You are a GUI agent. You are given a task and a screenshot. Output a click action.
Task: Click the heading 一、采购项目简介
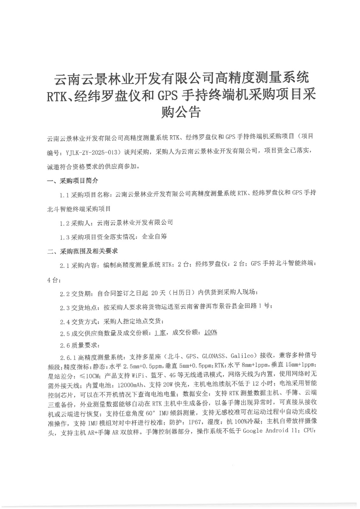(73, 181)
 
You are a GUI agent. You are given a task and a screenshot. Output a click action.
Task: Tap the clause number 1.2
(64, 223)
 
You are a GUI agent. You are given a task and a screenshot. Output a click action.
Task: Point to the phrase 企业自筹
(154, 237)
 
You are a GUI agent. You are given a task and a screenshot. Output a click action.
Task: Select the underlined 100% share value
(210, 332)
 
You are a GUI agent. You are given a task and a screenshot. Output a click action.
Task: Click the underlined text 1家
(160, 333)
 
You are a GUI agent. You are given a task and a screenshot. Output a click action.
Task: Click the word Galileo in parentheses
(242, 355)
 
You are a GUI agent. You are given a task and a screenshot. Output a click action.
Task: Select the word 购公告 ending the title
(181, 112)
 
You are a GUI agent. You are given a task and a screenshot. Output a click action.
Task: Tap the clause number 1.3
(64, 237)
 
